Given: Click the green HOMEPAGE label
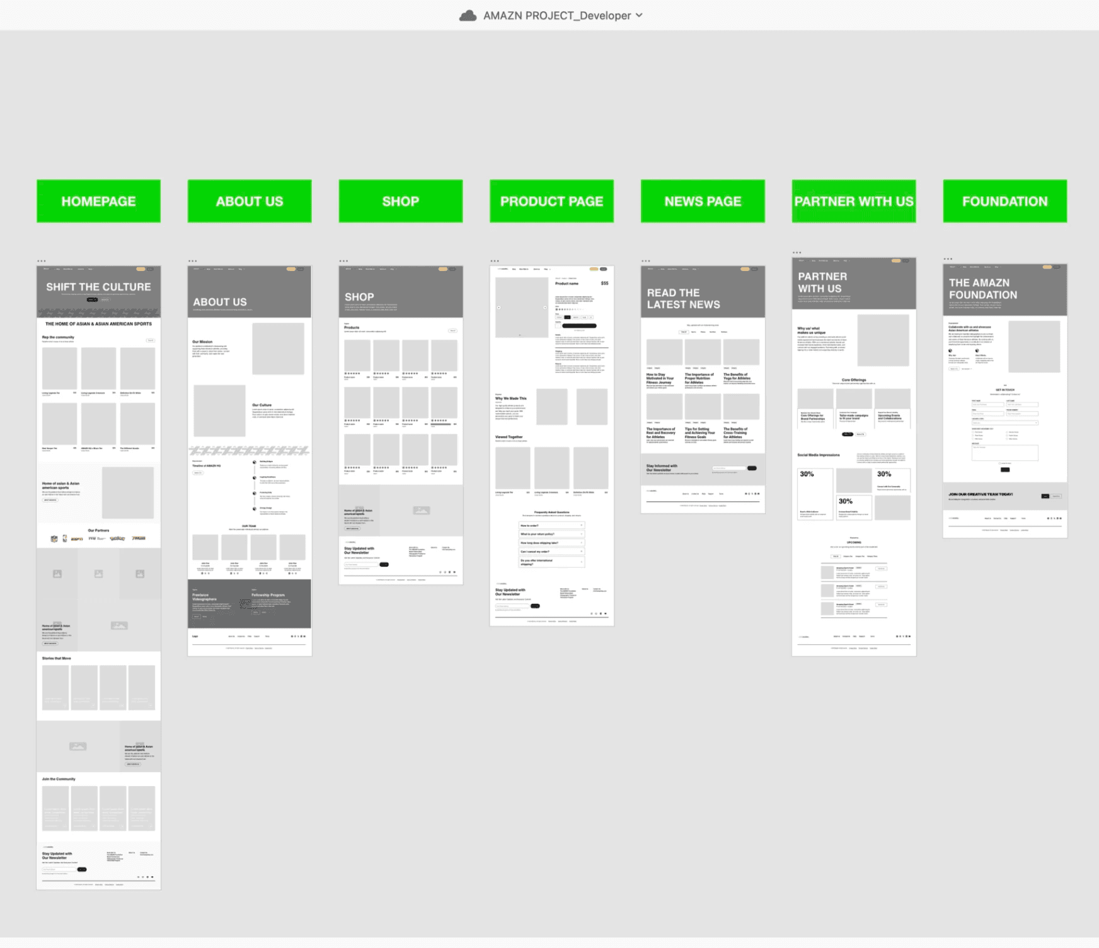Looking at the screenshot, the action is click(x=98, y=201).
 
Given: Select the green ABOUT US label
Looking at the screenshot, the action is click(x=250, y=201).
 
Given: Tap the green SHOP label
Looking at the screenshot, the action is click(x=401, y=201).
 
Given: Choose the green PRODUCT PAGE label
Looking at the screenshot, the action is click(x=551, y=201).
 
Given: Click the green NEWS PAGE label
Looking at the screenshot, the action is click(x=703, y=201).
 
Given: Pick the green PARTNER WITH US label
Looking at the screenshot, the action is click(x=854, y=201).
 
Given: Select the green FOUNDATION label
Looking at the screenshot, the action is click(x=1004, y=201).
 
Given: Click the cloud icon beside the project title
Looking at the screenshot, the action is click(x=468, y=16).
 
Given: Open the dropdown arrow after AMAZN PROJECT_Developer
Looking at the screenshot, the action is click(x=639, y=15).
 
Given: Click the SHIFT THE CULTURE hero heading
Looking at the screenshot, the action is click(x=98, y=287).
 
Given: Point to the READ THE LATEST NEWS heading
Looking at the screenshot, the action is click(x=683, y=299).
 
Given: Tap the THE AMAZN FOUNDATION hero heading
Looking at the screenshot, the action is click(x=982, y=289).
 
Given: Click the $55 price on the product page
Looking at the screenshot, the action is click(x=604, y=284).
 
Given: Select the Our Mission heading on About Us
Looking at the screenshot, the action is click(x=202, y=342).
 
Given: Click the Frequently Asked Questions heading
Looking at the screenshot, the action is click(x=551, y=512).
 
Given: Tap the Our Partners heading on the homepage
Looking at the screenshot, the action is click(x=98, y=531).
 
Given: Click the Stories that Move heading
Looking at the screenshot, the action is click(x=57, y=658).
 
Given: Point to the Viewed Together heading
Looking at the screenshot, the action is click(x=509, y=437).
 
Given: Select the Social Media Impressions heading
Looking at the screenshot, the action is click(x=818, y=454).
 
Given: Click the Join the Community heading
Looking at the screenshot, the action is click(x=59, y=779).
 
